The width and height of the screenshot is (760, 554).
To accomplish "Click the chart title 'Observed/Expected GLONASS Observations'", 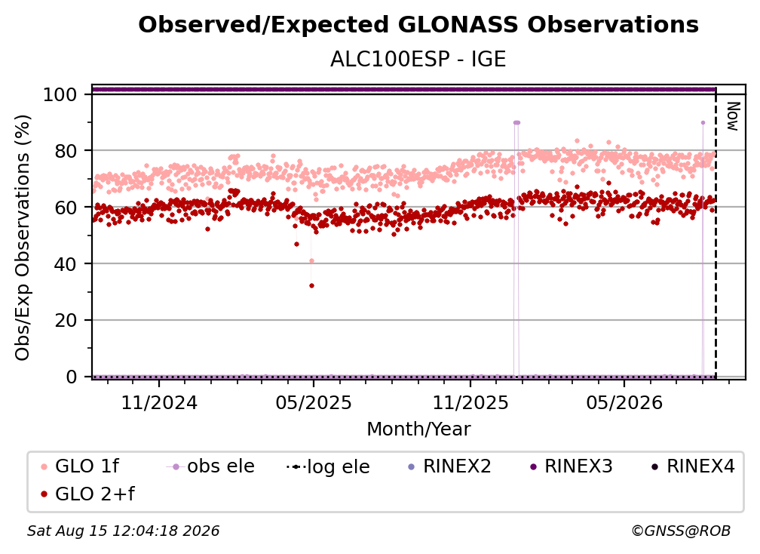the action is [x=418, y=25].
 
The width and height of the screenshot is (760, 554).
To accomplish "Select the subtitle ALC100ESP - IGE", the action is [x=418, y=60].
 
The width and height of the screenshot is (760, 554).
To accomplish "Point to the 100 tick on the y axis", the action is [x=60, y=94].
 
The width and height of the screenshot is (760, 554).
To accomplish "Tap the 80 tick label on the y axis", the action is [x=66, y=151].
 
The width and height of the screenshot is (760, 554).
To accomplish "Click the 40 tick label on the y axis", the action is [x=66, y=264].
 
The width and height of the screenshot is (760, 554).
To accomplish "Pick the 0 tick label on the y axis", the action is [x=72, y=377].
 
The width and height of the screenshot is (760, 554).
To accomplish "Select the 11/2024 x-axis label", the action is [x=159, y=402].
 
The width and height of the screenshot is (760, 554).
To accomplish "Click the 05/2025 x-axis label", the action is [x=314, y=402].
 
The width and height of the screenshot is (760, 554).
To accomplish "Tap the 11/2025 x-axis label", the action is [x=470, y=402].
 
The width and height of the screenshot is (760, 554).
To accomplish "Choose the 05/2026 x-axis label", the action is [x=624, y=402].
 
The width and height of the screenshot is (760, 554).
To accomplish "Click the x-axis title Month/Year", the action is [x=418, y=429].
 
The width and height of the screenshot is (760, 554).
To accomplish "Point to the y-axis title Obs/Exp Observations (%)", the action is [x=23, y=238].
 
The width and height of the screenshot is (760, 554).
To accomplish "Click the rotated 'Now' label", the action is [x=734, y=116].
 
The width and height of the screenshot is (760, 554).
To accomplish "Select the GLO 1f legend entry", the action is [x=80, y=466].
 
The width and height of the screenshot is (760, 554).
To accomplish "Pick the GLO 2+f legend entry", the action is [x=87, y=494].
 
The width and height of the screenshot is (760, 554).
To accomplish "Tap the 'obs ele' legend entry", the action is [x=210, y=466].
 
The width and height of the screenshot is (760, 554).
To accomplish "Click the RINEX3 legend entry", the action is [x=572, y=466].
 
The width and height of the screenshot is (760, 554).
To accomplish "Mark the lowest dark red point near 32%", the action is [x=311, y=286].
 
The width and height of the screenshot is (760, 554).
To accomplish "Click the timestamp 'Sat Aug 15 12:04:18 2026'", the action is [x=123, y=531].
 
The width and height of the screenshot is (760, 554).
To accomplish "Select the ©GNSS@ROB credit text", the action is [x=681, y=531].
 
